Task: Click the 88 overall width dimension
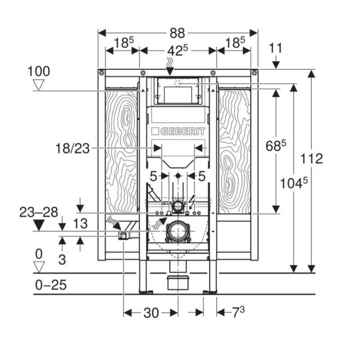[177, 33]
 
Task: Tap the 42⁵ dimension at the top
[177, 50]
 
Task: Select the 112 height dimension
[311, 158]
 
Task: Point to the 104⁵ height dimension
[294, 184]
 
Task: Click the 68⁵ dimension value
[276, 145]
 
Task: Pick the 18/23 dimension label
[72, 148]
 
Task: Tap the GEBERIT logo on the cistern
[178, 131]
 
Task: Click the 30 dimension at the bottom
[151, 313]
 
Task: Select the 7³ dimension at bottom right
[238, 312]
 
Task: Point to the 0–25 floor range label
[51, 285]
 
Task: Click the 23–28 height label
[39, 212]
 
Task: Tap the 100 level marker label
[39, 71]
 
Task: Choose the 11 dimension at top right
[275, 48]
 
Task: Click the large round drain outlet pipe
[178, 231]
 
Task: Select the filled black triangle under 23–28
[39, 225]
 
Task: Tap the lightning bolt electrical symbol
[192, 202]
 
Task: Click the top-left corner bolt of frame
[102, 73]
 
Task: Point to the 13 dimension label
[81, 223]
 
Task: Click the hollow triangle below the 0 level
[39, 267]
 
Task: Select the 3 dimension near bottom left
[62, 260]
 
